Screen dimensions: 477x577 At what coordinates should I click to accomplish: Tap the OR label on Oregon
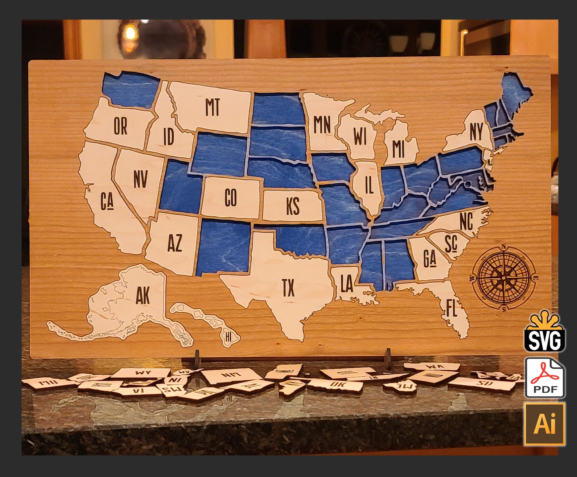[x=120, y=126]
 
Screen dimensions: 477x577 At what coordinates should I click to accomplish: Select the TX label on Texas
[x=288, y=288]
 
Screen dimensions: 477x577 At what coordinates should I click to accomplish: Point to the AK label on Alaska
[x=143, y=295]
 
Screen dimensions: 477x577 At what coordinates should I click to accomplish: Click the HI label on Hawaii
[x=228, y=337]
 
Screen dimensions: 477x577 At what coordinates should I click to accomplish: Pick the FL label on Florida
[x=451, y=308]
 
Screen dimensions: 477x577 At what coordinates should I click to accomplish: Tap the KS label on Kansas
[x=293, y=206]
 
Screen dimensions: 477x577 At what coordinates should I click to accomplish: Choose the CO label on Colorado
[x=231, y=198]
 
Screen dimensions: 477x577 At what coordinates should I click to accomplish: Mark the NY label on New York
[x=476, y=132]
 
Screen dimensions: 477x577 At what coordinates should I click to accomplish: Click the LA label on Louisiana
[x=347, y=284]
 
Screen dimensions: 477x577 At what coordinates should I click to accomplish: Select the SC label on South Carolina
[x=451, y=244]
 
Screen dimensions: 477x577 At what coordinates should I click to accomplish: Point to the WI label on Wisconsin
[x=360, y=136]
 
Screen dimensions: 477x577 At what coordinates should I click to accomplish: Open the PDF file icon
[x=545, y=378]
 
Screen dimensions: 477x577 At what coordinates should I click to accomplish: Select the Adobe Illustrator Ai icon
[x=545, y=424]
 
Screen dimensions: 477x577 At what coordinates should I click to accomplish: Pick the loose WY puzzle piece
[x=143, y=373]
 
